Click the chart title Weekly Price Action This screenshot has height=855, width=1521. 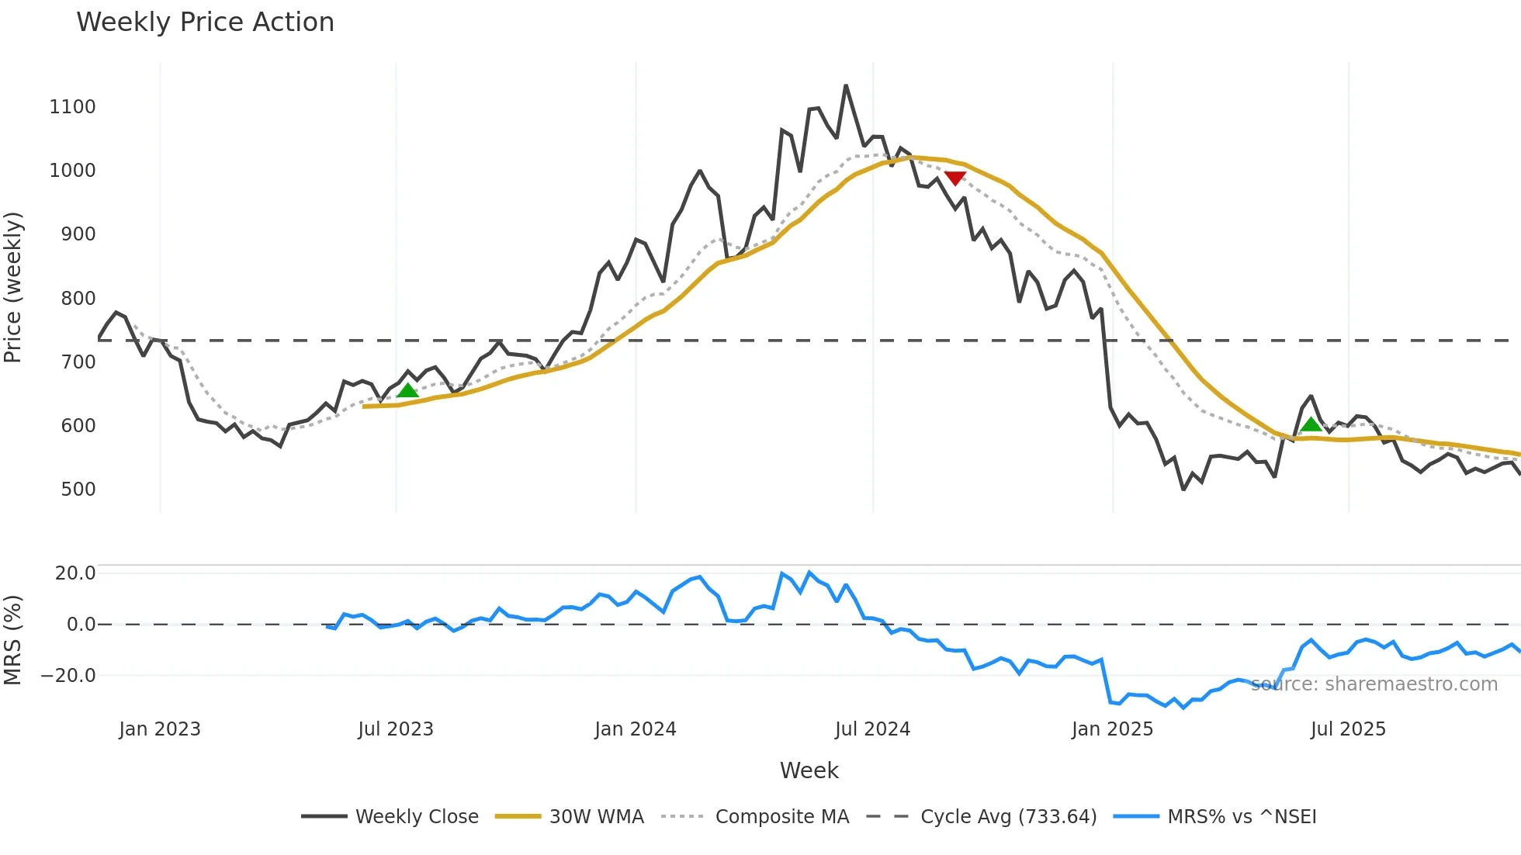(205, 22)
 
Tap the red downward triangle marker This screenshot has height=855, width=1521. (955, 178)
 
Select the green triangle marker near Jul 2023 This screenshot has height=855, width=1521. (407, 390)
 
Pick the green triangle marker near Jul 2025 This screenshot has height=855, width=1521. (1311, 424)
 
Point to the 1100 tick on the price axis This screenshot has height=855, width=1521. (72, 107)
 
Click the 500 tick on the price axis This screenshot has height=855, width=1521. (78, 490)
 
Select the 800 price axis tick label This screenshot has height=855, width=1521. (78, 299)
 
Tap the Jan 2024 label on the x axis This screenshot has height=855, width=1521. (636, 729)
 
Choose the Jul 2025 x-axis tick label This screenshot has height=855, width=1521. (1348, 729)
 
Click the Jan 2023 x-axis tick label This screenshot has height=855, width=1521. (160, 729)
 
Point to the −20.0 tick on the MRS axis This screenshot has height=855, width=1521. (68, 676)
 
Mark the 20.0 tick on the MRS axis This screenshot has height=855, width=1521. (75, 573)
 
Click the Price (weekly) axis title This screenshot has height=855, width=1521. (13, 287)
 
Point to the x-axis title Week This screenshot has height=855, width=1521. (809, 770)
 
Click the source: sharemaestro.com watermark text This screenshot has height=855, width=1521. (1374, 684)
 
